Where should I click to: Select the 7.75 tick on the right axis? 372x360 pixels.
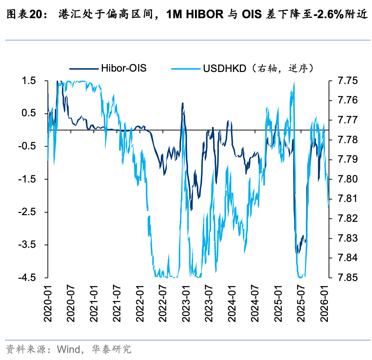pos(348,81)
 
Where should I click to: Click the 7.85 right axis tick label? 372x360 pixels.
pos(348,278)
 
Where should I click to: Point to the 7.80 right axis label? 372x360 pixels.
pos(348,179)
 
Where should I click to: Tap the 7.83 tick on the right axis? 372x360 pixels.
pos(348,238)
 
